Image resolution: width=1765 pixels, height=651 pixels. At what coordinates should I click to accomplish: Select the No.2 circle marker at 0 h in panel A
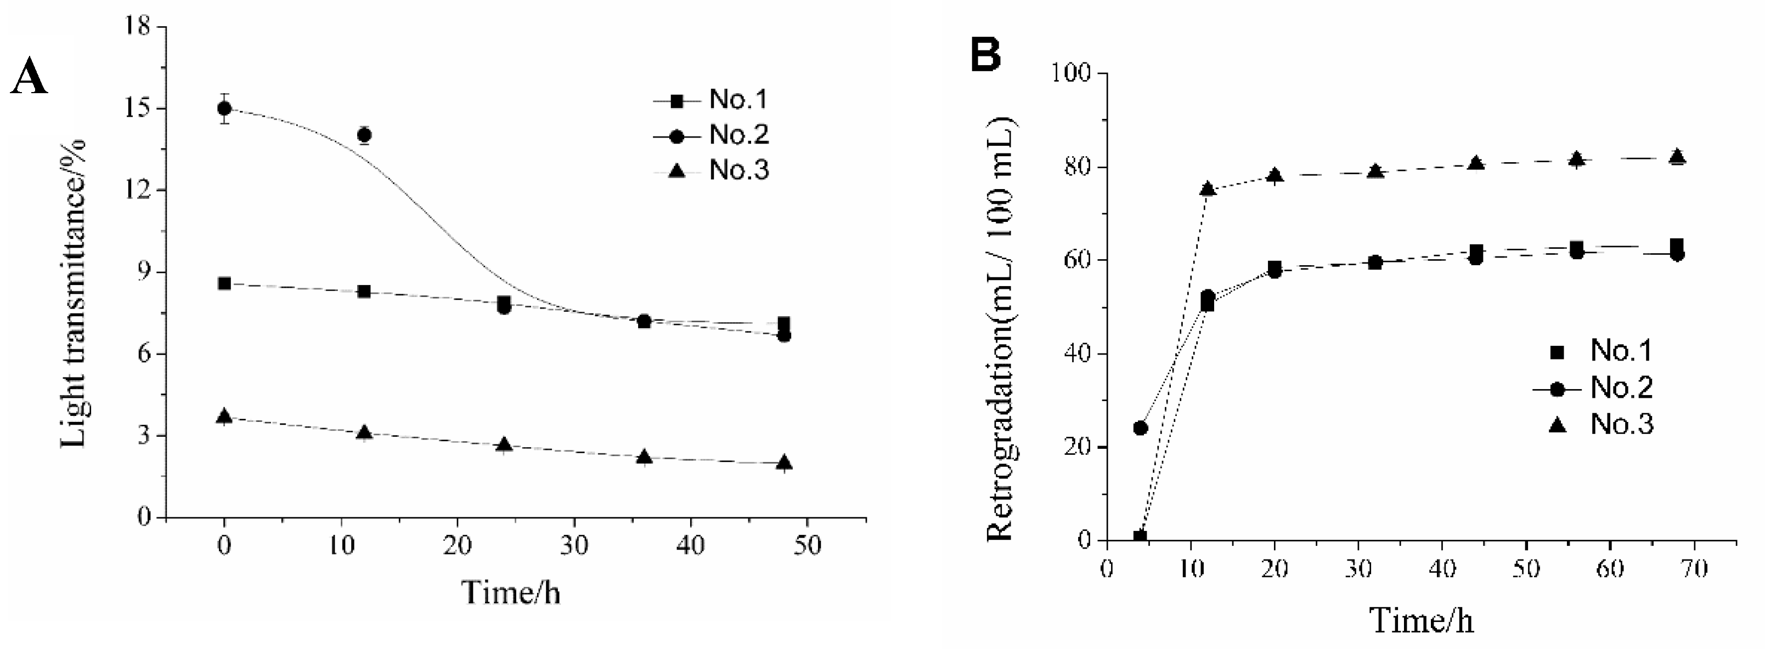224,108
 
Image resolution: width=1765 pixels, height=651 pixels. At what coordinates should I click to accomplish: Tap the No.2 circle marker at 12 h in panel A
364,135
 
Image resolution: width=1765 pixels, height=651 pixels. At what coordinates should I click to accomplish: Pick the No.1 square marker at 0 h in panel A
224,283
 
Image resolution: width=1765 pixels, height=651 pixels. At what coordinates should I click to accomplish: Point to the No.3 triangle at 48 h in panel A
785,464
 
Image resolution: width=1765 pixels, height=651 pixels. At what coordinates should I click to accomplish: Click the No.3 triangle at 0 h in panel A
224,416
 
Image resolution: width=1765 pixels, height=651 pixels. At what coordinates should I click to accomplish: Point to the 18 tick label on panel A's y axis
137,27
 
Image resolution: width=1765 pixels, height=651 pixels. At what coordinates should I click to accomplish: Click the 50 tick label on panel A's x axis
807,546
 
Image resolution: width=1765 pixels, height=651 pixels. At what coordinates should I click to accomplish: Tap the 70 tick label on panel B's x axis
1694,569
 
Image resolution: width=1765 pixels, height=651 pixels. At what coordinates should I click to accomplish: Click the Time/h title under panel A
510,592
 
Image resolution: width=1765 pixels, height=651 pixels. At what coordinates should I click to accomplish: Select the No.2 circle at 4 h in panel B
1140,428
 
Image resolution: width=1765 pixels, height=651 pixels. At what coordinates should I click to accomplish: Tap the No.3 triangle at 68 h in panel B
1677,157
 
